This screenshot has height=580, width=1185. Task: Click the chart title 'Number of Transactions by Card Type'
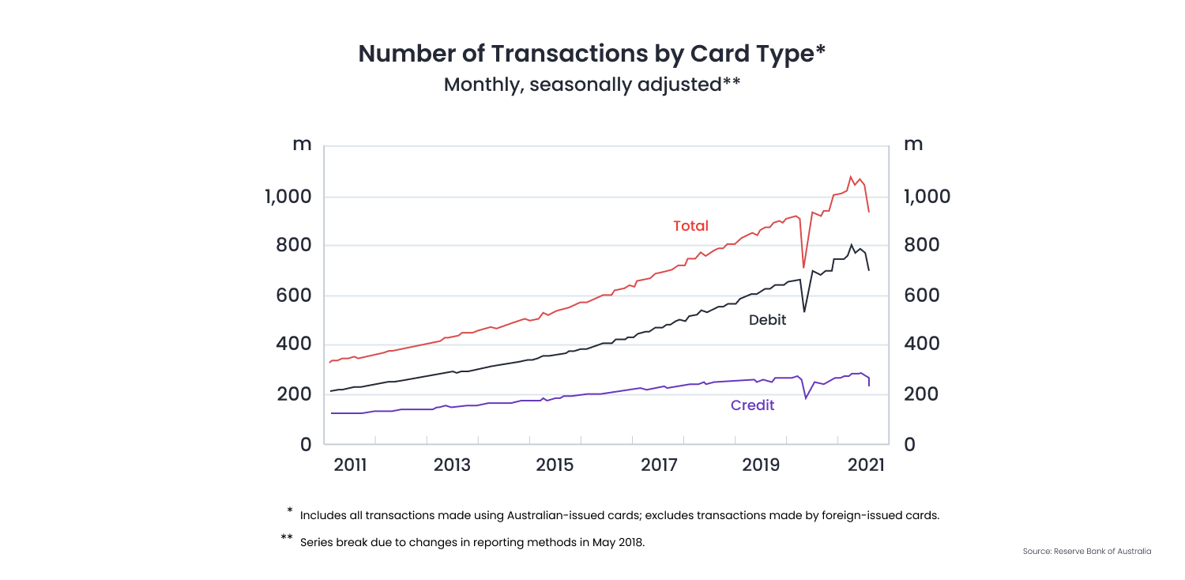coord(592,54)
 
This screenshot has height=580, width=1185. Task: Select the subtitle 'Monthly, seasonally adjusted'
coord(592,85)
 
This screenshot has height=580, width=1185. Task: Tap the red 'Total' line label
coord(690,226)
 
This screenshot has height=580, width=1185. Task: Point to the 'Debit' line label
coord(767,320)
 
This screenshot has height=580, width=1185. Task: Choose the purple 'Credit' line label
coord(752,405)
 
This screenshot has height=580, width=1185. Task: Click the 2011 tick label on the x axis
coord(350,465)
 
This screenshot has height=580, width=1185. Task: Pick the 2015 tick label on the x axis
coord(555,465)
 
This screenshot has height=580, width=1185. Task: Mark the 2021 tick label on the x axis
coord(867,465)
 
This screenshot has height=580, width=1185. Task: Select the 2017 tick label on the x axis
coord(658,465)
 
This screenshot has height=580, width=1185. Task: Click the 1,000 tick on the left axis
coord(288,197)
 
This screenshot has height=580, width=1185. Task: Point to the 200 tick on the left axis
coord(294,394)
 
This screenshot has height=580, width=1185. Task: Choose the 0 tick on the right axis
coord(909,444)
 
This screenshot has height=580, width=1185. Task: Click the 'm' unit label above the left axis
coord(302,145)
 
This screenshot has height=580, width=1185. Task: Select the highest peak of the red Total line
coord(850,177)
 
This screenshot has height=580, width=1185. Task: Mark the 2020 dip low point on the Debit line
coord(804,311)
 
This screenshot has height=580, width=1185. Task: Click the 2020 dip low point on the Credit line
coord(806,397)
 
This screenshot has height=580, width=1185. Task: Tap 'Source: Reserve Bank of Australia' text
coord(1086,551)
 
